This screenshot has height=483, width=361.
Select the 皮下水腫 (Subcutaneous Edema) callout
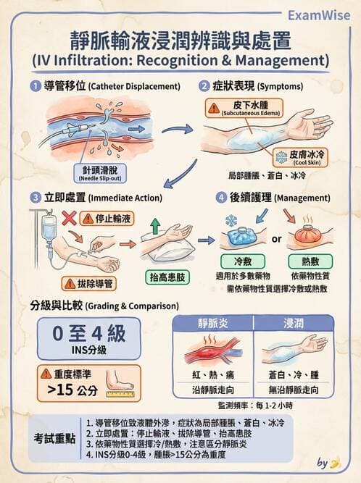point(246,109)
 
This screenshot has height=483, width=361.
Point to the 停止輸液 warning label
point(107,217)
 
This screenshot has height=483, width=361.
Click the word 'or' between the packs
point(276,238)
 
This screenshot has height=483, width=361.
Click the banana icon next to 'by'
point(334,463)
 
